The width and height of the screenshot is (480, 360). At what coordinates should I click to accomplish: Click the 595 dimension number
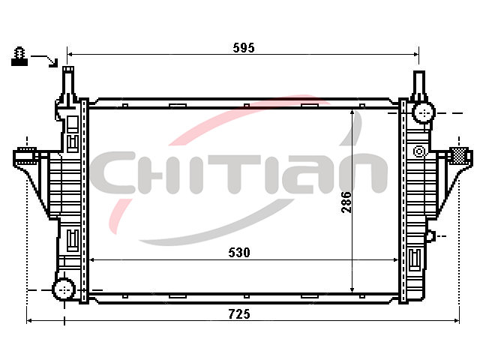[x=244, y=48]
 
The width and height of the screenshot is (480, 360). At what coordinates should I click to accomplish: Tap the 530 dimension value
[x=239, y=252]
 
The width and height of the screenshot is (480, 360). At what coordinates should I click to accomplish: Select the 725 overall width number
[x=239, y=314]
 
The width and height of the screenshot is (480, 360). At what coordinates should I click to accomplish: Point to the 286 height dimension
[x=346, y=202]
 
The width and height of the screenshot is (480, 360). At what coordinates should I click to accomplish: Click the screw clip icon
[x=19, y=56]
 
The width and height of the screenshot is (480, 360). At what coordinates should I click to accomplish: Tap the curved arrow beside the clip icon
[x=45, y=60]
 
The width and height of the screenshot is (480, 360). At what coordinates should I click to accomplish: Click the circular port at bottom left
[x=64, y=289]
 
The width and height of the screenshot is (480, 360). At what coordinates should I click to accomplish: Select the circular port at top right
[x=424, y=112]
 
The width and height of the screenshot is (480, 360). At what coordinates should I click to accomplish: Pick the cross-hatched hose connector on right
[x=458, y=155]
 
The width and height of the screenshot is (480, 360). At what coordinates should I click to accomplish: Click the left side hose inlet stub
[x=25, y=156]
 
